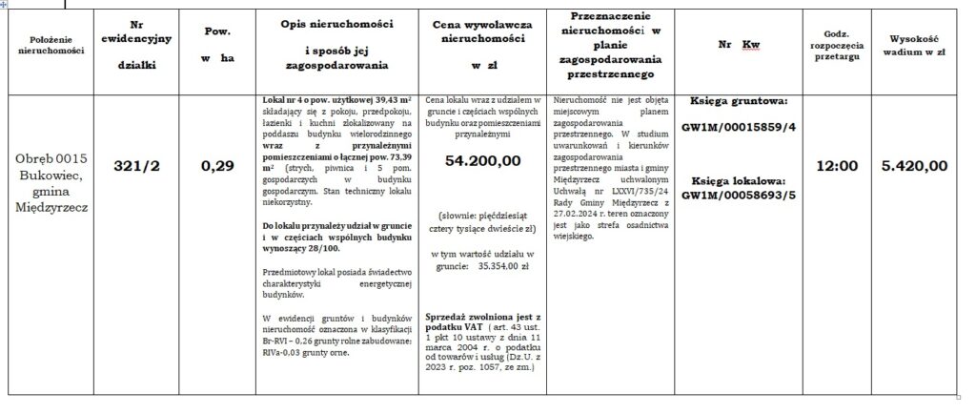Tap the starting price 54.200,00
482,161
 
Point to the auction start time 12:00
839,165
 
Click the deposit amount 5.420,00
914,165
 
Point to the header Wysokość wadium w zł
914,45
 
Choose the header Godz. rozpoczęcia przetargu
839,45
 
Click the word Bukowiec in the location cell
52,176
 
